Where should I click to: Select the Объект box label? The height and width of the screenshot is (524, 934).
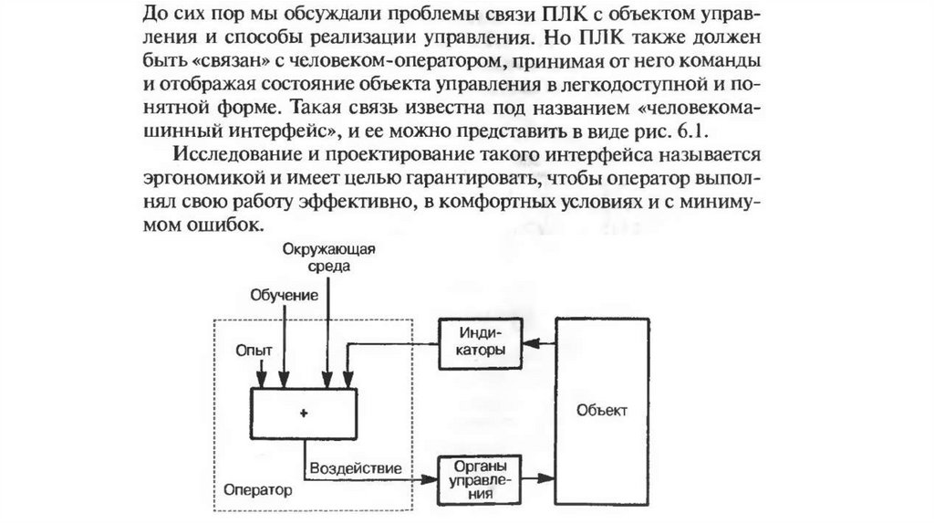pos(602,412)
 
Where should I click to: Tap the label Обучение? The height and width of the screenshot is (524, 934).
pos(285,295)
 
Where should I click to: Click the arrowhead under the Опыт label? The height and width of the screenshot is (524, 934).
pos(262,381)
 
